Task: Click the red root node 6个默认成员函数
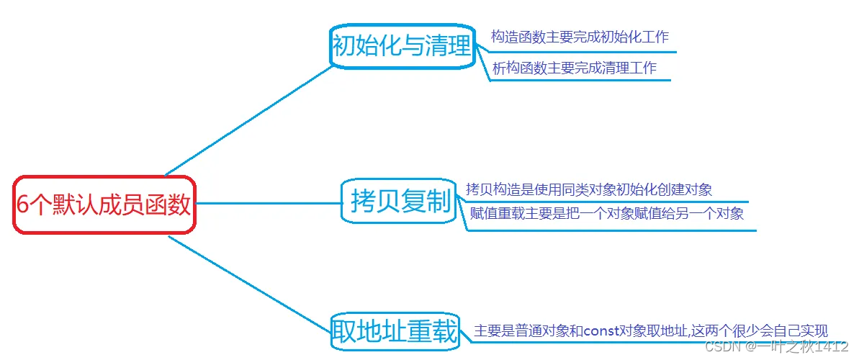pyautogui.click(x=104, y=204)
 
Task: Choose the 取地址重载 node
pyautogui.click(x=394, y=332)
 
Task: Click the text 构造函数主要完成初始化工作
pyautogui.click(x=580, y=37)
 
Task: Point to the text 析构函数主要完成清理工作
pyautogui.click(x=574, y=68)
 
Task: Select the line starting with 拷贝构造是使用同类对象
pyautogui.click(x=589, y=190)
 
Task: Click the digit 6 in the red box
pyautogui.click(x=22, y=204)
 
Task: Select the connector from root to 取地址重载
pyautogui.click(x=248, y=281)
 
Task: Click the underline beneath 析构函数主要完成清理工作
pyautogui.click(x=580, y=80)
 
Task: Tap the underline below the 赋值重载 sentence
pyautogui.click(x=612, y=230)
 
